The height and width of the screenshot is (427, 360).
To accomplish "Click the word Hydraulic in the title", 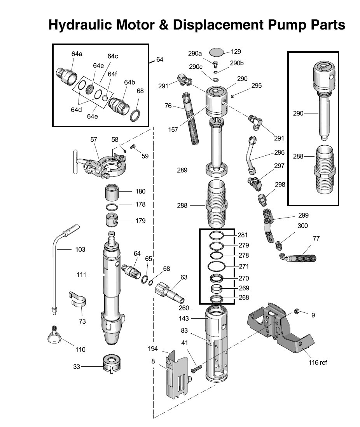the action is (80, 25).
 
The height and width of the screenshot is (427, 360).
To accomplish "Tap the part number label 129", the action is (236, 51).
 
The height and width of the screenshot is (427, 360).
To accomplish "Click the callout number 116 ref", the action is (318, 363).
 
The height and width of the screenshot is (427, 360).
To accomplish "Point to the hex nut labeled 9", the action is (297, 311).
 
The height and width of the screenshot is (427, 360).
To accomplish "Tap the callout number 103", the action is (80, 249).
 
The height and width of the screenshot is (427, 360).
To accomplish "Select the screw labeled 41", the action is (196, 369).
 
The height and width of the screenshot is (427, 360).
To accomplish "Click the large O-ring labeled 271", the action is (217, 266).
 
